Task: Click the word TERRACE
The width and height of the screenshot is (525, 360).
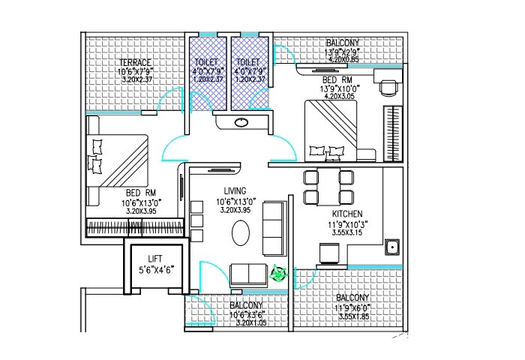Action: pyautogui.click(x=135, y=62)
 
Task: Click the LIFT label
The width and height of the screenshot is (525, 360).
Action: pyautogui.click(x=155, y=259)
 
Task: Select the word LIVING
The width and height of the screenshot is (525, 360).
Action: pyautogui.click(x=235, y=191)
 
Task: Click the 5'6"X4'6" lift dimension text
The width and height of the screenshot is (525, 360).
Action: pyautogui.click(x=155, y=270)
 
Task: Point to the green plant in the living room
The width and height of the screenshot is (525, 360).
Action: pyautogui.click(x=280, y=275)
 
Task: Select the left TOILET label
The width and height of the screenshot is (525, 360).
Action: pyautogui.click(x=206, y=63)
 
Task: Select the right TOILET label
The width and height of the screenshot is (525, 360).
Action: pyautogui.click(x=247, y=63)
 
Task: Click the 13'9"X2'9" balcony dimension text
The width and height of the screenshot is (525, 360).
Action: pyautogui.click(x=342, y=51)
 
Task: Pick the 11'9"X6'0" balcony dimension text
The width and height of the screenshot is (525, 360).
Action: pyautogui.click(x=351, y=307)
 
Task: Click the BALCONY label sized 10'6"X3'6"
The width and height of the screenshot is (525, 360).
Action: pyautogui.click(x=246, y=306)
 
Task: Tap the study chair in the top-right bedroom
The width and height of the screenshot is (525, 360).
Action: pyautogui.click(x=388, y=88)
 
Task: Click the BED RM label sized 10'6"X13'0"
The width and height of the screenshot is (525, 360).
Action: pyautogui.click(x=141, y=193)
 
